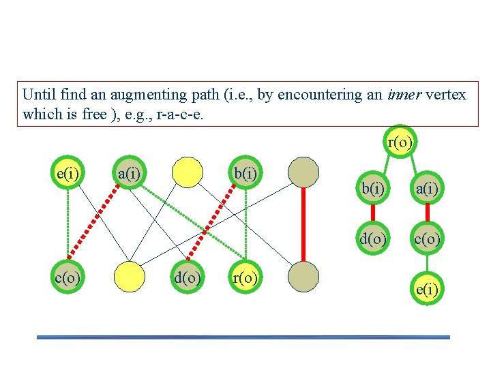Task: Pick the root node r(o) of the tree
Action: pos(400,142)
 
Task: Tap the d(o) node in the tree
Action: pos(374,239)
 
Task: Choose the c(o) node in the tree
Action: pos(427,239)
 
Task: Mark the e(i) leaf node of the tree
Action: pos(427,290)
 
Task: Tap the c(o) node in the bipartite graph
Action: pos(69,277)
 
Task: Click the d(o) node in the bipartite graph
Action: pos(187,277)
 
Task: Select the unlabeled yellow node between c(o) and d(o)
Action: pos(129,277)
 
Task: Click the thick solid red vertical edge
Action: pos(303,225)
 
